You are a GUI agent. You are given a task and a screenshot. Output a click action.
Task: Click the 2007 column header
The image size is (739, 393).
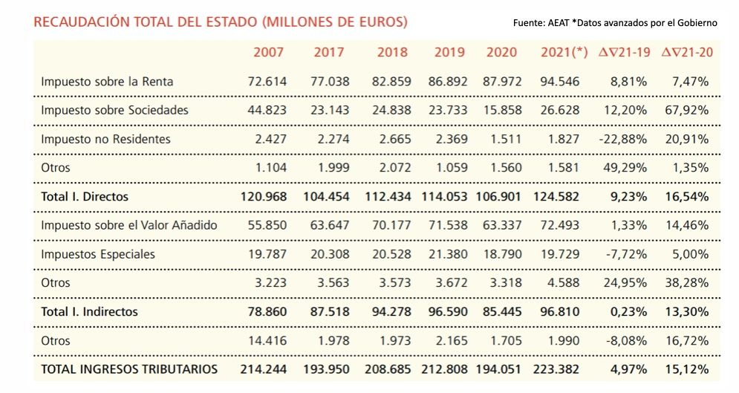(x=268, y=52)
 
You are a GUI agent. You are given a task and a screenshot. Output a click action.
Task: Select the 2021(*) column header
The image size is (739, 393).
(x=564, y=52)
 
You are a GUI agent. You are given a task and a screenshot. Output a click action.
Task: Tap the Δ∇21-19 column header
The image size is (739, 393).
(x=625, y=52)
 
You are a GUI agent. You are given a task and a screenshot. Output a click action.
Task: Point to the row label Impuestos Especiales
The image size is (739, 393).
(x=98, y=254)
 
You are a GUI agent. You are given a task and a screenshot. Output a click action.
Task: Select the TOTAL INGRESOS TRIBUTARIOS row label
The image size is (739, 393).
(x=129, y=369)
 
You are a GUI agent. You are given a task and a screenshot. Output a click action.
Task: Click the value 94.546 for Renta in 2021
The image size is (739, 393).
(x=560, y=82)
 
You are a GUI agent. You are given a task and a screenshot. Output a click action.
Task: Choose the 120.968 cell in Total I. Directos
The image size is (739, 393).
(x=263, y=197)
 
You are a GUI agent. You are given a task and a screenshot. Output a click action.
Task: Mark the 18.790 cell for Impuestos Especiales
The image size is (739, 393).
(x=502, y=254)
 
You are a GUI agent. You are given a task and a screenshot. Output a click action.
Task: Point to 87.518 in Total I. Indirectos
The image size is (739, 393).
(x=326, y=312)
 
